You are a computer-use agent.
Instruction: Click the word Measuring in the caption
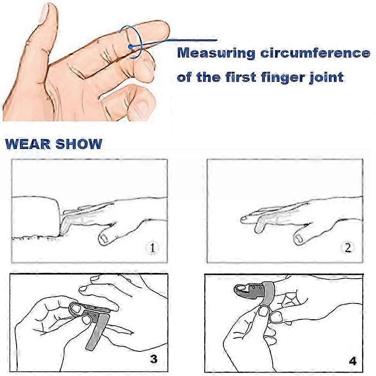(x=216, y=53)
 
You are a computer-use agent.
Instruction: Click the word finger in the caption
(x=280, y=77)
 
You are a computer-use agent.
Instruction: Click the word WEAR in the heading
(x=28, y=144)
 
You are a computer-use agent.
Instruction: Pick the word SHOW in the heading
(x=79, y=144)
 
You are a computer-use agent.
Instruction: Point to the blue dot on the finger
(x=131, y=46)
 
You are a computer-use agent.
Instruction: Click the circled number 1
(x=152, y=247)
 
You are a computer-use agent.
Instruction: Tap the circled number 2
(x=347, y=247)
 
